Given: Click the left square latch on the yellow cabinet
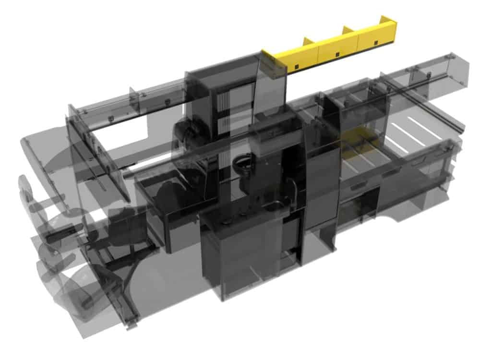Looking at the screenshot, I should click(298, 65).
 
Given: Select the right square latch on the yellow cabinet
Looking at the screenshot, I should click(375, 43).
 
